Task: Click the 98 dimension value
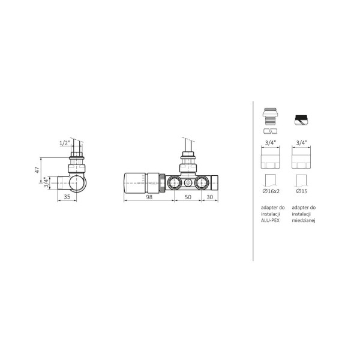coord(149,197)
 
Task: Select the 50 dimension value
coord(188,197)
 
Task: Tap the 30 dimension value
coord(210,197)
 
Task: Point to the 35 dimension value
coord(67,197)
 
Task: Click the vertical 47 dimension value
coord(37,170)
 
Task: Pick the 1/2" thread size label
coord(65,143)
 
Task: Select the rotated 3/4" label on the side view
coord(46,182)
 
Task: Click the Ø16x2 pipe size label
coord(271,191)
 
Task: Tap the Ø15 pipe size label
coord(302,191)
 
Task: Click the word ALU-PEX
coord(270,220)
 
